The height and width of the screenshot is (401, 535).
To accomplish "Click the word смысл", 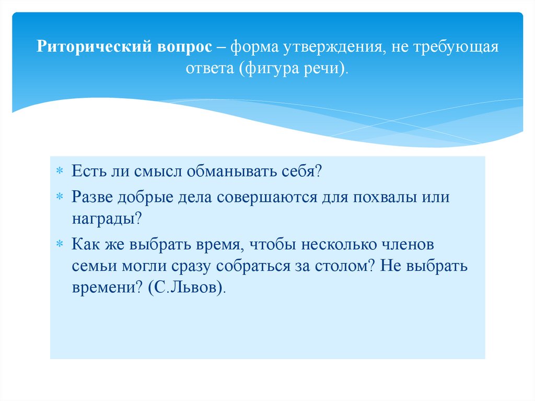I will tap(154, 171).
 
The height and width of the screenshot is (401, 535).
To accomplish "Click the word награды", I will tap(104, 219).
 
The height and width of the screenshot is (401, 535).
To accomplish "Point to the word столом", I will tap(342, 266).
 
